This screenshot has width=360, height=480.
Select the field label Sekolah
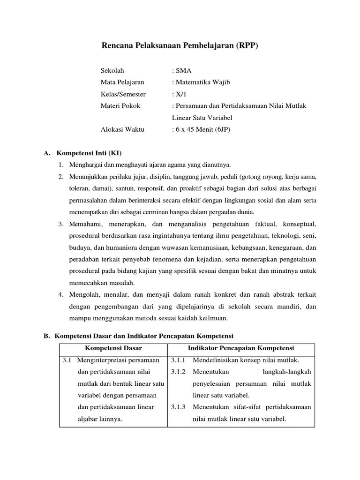coord(112,71)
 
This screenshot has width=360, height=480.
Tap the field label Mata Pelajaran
coord(123,82)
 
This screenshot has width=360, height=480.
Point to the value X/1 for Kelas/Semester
coord(179,94)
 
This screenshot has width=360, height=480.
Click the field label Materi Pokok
coord(120,106)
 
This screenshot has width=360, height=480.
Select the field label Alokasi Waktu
coord(123,129)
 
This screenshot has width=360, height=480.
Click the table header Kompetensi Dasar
coord(113,348)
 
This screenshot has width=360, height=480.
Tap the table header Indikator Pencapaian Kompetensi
coord(241,348)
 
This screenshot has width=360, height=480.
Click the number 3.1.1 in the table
coord(178,360)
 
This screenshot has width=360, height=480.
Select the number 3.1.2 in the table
coord(178,372)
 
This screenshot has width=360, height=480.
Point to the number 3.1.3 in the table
coord(178,407)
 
